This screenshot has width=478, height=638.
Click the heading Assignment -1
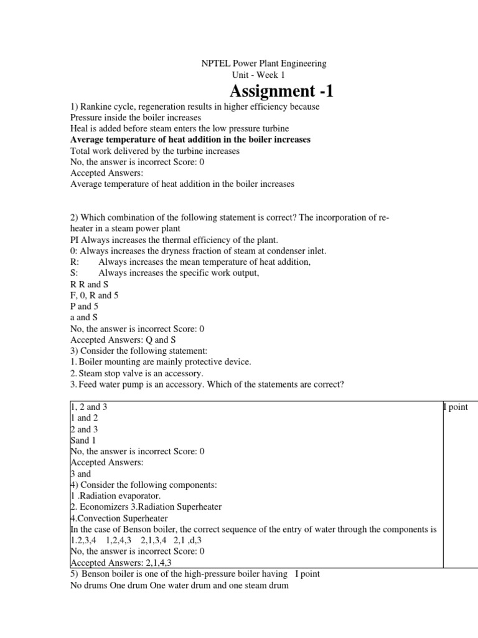(x=277, y=92)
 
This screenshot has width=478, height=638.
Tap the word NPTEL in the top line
(x=215, y=64)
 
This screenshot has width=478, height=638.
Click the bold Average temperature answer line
(x=190, y=140)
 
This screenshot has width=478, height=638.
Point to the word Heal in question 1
(x=79, y=128)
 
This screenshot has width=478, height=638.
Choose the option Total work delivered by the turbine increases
(x=154, y=151)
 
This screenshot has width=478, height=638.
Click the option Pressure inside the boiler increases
(x=135, y=117)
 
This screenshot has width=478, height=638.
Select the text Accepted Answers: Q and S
(x=123, y=340)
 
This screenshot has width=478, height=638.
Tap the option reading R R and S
(x=89, y=284)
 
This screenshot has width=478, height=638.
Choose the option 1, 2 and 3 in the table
(x=93, y=407)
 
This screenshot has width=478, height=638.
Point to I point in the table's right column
(x=455, y=407)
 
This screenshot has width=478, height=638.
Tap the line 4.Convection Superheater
(x=119, y=518)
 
